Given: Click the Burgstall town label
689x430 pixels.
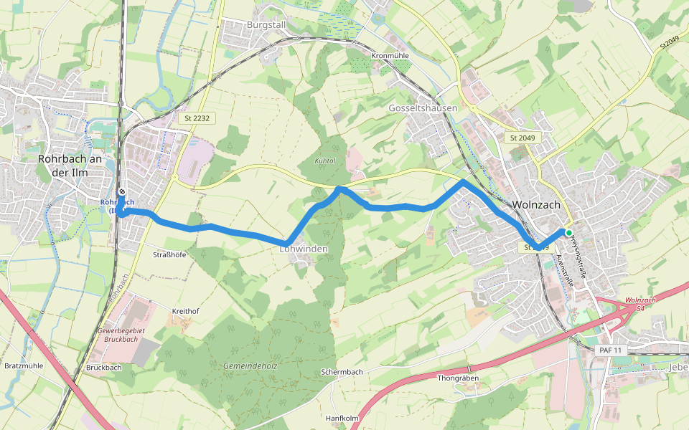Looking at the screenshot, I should click(266, 24).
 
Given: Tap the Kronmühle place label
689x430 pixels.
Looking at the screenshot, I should click(390, 55).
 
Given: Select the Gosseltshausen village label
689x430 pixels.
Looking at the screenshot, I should click(423, 108).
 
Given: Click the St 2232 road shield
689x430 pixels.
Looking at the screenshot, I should click(196, 118).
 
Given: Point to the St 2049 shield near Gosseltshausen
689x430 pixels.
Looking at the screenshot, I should click(522, 138).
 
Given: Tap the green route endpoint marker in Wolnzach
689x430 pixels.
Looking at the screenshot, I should click(568, 233).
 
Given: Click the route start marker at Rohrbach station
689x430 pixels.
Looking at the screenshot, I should click(123, 192).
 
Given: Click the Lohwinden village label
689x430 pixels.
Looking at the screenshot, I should click(304, 249).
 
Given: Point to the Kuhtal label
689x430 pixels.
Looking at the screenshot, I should click(325, 161).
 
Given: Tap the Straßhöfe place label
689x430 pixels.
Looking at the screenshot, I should click(170, 254).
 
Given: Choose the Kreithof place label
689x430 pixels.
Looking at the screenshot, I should click(185, 311).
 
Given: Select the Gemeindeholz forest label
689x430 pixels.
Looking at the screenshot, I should click(250, 365).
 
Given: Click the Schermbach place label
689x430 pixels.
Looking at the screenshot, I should click(342, 373).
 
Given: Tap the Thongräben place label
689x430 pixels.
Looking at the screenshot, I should click(458, 378).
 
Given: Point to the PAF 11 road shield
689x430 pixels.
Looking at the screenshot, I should click(612, 350).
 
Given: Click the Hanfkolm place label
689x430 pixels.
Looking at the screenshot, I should click(342, 419).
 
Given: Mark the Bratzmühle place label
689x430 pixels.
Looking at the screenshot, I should click(24, 365).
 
